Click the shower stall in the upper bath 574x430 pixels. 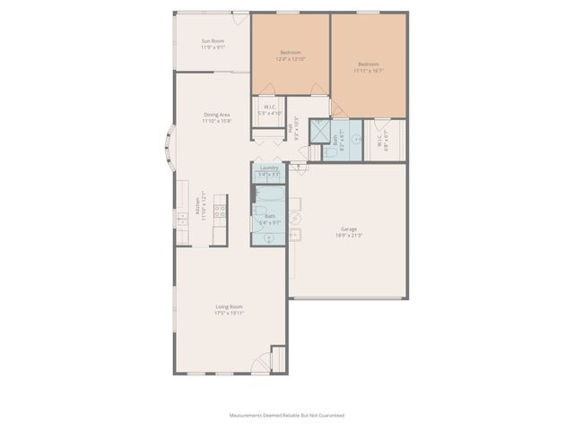click(x=318, y=130)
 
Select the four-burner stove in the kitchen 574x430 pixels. click(x=219, y=211)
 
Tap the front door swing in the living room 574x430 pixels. click(x=263, y=361)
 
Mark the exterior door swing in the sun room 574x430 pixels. click(x=240, y=19)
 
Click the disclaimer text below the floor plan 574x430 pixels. click(x=286, y=416)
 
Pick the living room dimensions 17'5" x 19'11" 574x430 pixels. click(x=229, y=314)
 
